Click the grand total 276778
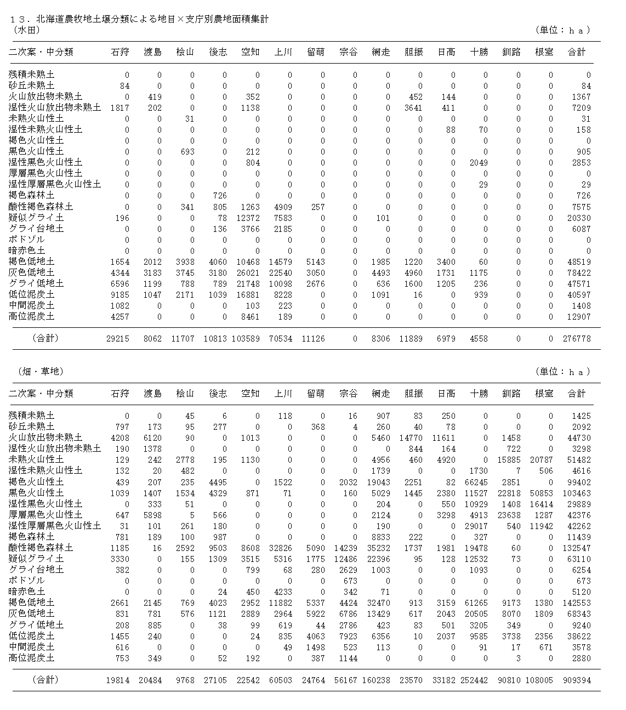click(577, 339)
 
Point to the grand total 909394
click(577, 680)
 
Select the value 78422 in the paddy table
click(579, 272)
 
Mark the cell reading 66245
click(477, 482)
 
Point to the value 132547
click(577, 548)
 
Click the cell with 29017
click(477, 526)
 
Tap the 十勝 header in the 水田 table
click(479, 52)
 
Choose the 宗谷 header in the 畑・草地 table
click(348, 394)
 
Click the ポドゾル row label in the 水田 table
click(27, 240)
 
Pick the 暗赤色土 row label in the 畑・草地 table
click(27, 592)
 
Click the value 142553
click(577, 603)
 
